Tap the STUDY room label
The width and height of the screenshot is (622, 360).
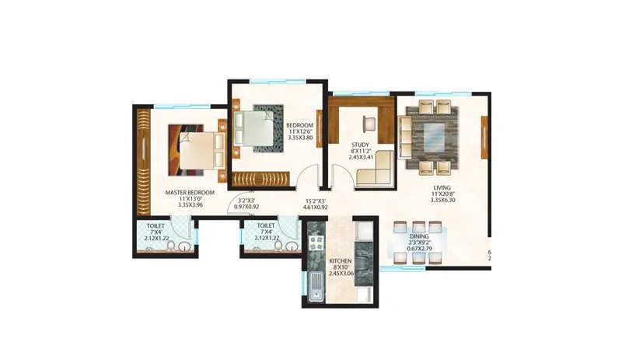(x=360, y=145)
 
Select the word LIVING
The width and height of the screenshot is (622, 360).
(x=441, y=187)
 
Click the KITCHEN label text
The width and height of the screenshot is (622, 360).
(x=341, y=260)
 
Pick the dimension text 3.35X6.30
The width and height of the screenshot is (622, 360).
(x=441, y=200)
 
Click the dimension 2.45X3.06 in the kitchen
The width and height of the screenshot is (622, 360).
(x=341, y=274)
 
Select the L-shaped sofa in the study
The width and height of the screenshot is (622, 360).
(x=374, y=176)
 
